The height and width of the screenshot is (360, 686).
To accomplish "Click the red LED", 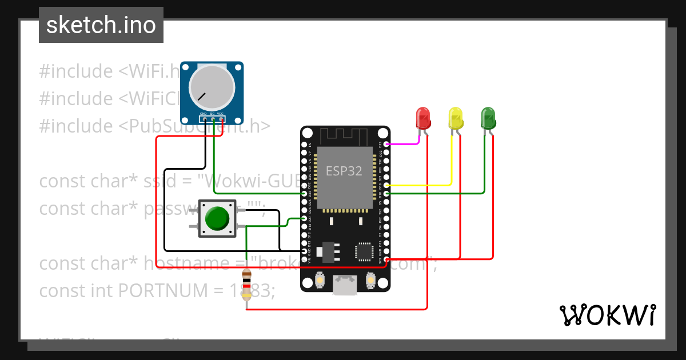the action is (x=423, y=118).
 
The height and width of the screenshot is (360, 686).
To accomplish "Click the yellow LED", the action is (x=456, y=118).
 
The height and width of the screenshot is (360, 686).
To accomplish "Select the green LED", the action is (x=488, y=118).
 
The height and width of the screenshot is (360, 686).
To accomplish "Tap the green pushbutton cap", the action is (x=217, y=218).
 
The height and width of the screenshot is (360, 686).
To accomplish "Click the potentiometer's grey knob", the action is (x=211, y=87).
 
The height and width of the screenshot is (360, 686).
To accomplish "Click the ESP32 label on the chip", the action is (x=344, y=170).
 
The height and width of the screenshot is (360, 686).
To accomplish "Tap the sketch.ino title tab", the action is (x=101, y=25).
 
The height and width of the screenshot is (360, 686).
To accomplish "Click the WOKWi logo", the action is (x=607, y=315).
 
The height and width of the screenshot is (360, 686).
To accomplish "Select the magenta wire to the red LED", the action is (x=407, y=144).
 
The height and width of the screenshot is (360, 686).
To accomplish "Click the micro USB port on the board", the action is (x=344, y=285).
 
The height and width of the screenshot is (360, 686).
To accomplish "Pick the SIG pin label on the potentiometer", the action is (x=212, y=114).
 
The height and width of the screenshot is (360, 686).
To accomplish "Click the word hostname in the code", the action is (x=190, y=263).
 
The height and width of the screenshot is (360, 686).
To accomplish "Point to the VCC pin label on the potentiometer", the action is (x=221, y=114).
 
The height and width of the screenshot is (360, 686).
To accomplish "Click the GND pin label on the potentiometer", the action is (x=203, y=114).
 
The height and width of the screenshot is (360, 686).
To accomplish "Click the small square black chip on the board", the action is (x=364, y=251).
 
